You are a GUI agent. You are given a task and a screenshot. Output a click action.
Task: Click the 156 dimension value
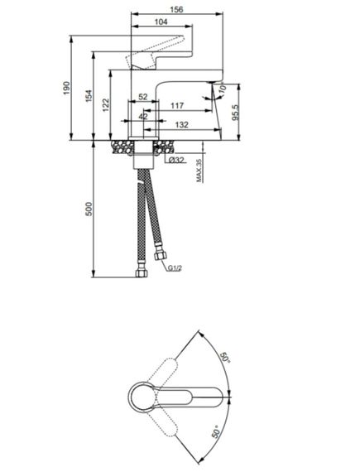click(176, 10)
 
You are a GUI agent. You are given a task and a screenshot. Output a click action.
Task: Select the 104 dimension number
click(161, 22)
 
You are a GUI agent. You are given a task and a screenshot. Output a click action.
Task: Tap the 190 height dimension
click(66, 88)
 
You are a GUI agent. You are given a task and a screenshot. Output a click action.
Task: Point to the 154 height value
click(89, 96)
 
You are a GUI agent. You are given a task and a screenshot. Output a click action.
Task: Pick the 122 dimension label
click(106, 105)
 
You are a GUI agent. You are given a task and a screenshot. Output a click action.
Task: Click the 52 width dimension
click(143, 97)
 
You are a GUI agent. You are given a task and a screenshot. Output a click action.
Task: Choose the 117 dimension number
click(177, 106)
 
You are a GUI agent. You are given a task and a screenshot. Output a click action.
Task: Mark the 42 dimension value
click(143, 116)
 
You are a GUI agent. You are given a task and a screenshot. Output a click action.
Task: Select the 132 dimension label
click(181, 124)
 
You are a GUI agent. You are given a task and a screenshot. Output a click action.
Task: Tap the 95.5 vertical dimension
click(235, 113)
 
